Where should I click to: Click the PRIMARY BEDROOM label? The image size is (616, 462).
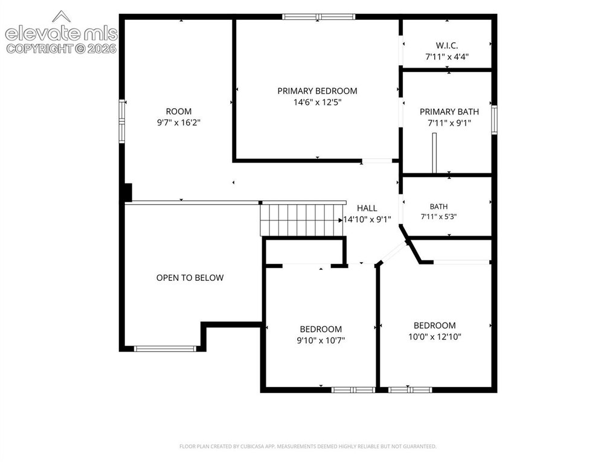(x=318, y=91)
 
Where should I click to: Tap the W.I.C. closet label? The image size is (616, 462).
(x=447, y=45)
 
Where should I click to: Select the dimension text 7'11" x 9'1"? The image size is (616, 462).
(x=449, y=123)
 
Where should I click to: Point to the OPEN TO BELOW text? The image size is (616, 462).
(x=190, y=278)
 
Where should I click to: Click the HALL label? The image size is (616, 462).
(x=367, y=208)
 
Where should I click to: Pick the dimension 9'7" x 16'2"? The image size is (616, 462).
(x=179, y=123)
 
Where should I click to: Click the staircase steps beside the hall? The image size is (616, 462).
(x=303, y=219)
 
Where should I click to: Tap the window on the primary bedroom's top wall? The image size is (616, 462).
(x=319, y=17)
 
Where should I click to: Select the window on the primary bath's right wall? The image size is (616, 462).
(x=494, y=120)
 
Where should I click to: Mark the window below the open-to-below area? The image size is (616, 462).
(x=165, y=348)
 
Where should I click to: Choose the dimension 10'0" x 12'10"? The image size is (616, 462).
(x=435, y=336)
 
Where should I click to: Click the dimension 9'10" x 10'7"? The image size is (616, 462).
(x=321, y=340)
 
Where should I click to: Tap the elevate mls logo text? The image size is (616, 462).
(x=61, y=33)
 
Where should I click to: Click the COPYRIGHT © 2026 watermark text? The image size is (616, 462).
(x=62, y=49)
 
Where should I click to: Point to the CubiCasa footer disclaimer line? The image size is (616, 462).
(x=308, y=446)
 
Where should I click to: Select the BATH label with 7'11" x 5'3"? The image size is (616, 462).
(x=438, y=207)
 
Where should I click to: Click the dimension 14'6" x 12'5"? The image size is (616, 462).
(x=318, y=103)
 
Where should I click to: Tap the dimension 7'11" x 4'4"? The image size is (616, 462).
(x=447, y=57)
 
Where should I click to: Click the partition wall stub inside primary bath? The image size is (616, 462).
(x=434, y=153)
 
